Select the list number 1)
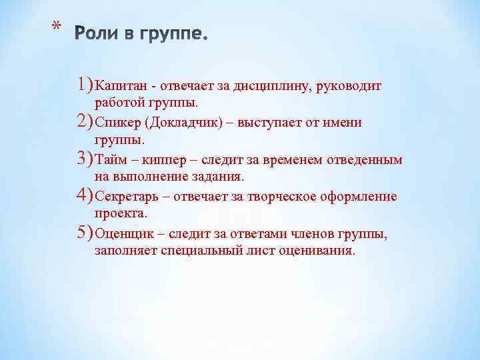(x=85, y=85)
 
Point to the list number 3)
(x=85, y=159)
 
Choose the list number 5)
(x=85, y=233)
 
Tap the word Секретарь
(x=126, y=197)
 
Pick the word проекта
(x=120, y=213)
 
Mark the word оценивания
(x=321, y=251)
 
